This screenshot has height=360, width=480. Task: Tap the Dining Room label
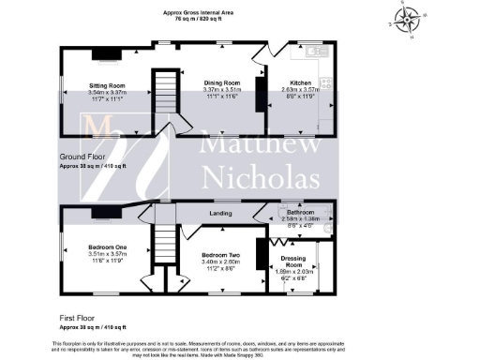tap(223, 82)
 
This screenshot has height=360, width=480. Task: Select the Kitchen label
tap(295, 84)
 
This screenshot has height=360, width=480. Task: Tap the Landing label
tap(221, 214)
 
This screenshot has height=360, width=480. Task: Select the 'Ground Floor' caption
tap(82, 158)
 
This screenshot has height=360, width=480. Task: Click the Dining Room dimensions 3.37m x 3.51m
tap(223, 90)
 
